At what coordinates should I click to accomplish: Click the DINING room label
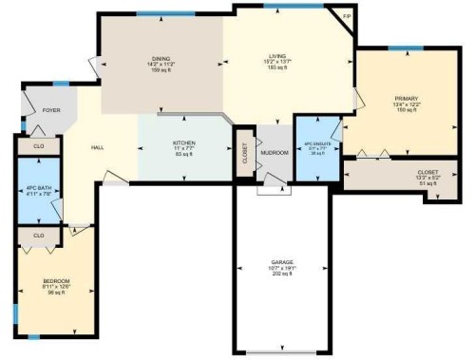161,58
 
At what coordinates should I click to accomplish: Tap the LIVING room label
275,58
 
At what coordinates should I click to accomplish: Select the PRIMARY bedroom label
407,99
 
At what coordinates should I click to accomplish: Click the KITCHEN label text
183,142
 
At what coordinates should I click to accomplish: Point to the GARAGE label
280,260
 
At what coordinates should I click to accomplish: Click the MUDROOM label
275,152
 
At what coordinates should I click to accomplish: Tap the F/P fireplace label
347,18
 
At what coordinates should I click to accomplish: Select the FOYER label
51,110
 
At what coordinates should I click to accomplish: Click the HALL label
97,148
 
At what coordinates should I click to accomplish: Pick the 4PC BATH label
38,190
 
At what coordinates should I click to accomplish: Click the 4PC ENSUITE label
316,145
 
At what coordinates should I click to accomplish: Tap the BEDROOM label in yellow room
55,282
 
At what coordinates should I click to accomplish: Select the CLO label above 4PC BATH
39,146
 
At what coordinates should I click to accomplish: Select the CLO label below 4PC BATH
39,235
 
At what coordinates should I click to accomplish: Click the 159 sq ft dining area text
161,71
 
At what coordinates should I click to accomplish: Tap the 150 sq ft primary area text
407,111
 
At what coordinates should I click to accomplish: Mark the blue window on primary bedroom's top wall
406,47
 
